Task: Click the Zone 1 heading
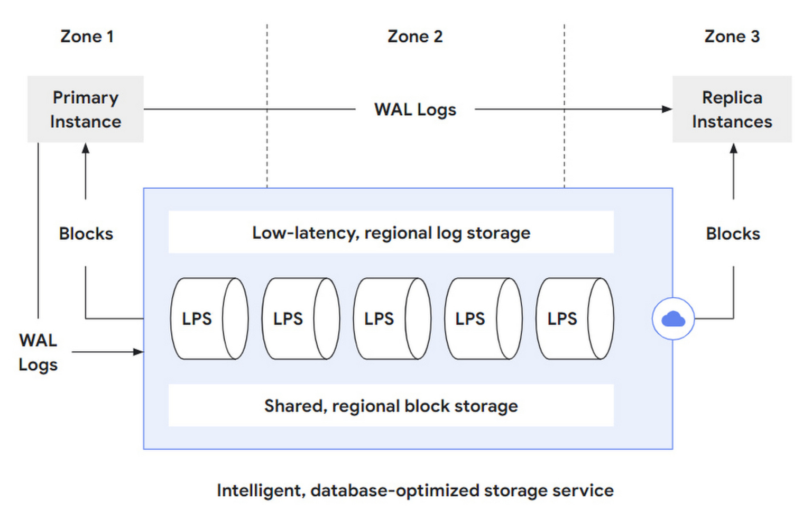[x=87, y=37]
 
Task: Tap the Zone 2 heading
[x=415, y=37]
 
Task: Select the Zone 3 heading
[x=732, y=37]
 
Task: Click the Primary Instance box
[x=85, y=109]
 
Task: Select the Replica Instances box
[x=732, y=109]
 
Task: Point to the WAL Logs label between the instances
[x=415, y=110]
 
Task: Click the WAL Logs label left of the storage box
[x=38, y=352]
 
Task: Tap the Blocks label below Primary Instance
[x=86, y=233]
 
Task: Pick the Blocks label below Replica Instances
[x=733, y=233]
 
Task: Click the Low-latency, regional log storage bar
[x=391, y=232]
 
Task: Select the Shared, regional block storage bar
[x=391, y=405]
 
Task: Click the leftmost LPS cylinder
[x=209, y=318]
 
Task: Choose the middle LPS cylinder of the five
[x=392, y=318]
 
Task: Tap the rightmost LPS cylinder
[x=575, y=318]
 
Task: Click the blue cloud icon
[x=673, y=318]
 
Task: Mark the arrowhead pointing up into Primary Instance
[x=86, y=148]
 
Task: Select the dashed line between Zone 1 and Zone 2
[x=267, y=106]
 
